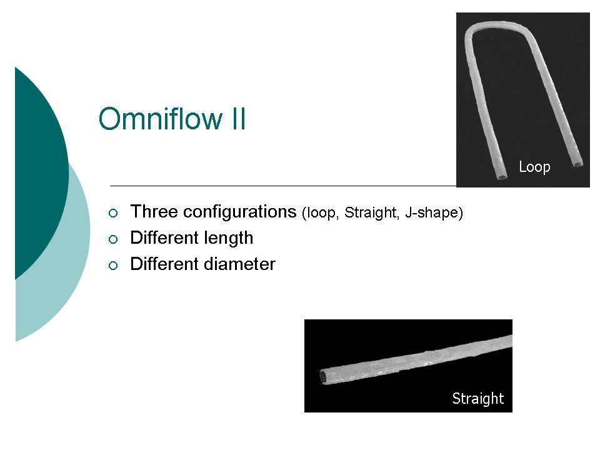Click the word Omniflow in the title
point(160,119)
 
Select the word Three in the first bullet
point(154,212)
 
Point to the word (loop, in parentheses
point(321,212)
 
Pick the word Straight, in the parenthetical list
point(372,212)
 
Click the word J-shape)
point(434,212)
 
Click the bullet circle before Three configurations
point(113,213)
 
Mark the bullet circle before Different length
point(113,239)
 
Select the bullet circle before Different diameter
point(113,266)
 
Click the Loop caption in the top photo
point(534,167)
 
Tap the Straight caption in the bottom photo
point(478,399)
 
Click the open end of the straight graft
point(324,376)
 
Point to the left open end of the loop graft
point(502,176)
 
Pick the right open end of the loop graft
point(577,164)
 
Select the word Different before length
point(164,237)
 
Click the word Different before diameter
point(164,264)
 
